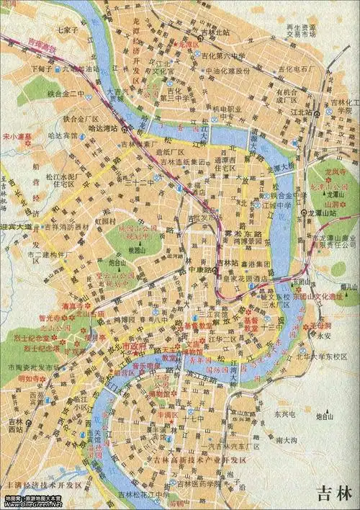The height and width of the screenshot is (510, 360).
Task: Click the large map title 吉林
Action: coord(335,493)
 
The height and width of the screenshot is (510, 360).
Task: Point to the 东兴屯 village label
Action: coord(284,414)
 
